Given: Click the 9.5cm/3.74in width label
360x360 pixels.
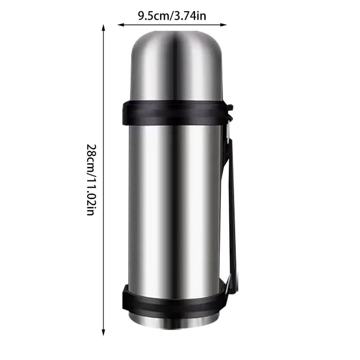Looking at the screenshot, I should click(x=172, y=16).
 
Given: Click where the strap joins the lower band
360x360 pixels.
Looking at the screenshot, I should click(x=230, y=287).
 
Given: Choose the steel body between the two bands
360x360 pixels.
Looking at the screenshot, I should click(x=174, y=202).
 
